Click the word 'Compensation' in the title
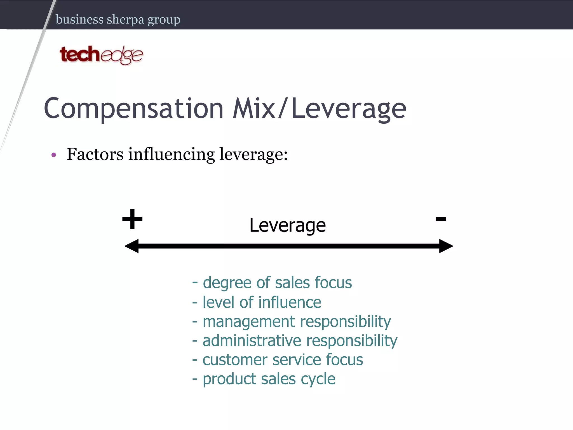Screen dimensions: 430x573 134,109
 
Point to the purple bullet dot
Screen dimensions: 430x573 54,155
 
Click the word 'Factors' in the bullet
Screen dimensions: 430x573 95,154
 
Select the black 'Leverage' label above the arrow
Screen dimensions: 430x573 288,225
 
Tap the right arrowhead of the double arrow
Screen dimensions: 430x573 446,246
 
